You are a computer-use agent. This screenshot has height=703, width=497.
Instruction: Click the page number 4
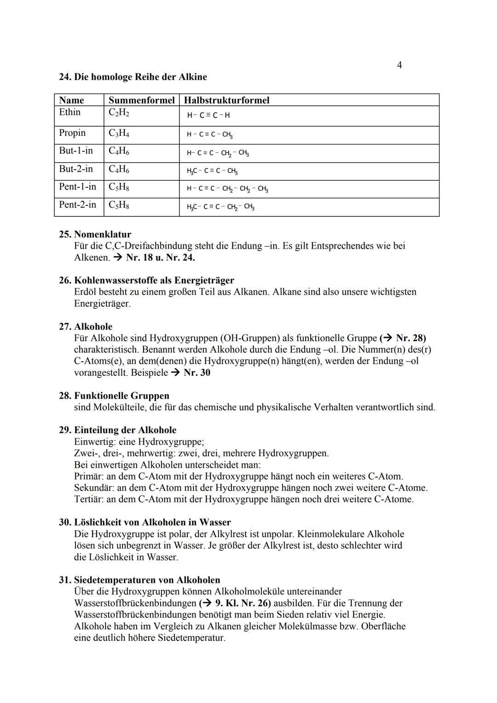[x=399, y=65]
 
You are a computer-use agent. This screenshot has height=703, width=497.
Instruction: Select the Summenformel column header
[x=141, y=100]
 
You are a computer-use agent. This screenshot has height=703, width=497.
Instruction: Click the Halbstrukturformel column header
[x=226, y=100]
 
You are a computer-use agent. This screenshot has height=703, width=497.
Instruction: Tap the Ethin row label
[x=70, y=112]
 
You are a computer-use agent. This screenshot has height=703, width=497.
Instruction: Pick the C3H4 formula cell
[x=119, y=134]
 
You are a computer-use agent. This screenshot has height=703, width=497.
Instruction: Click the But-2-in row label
[x=76, y=169]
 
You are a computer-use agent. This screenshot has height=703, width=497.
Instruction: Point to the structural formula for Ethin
[x=208, y=116]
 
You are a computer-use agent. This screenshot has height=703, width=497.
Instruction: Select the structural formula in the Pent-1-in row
[x=227, y=189]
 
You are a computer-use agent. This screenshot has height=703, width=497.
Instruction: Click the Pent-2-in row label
[x=77, y=204]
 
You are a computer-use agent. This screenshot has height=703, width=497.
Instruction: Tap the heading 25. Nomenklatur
[x=95, y=234]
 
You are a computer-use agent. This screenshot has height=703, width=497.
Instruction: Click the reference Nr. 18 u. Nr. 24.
[x=160, y=257]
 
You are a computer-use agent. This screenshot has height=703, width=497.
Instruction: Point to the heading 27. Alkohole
[x=86, y=326]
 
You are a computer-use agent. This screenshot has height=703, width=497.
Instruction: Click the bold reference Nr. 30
[x=197, y=372]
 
